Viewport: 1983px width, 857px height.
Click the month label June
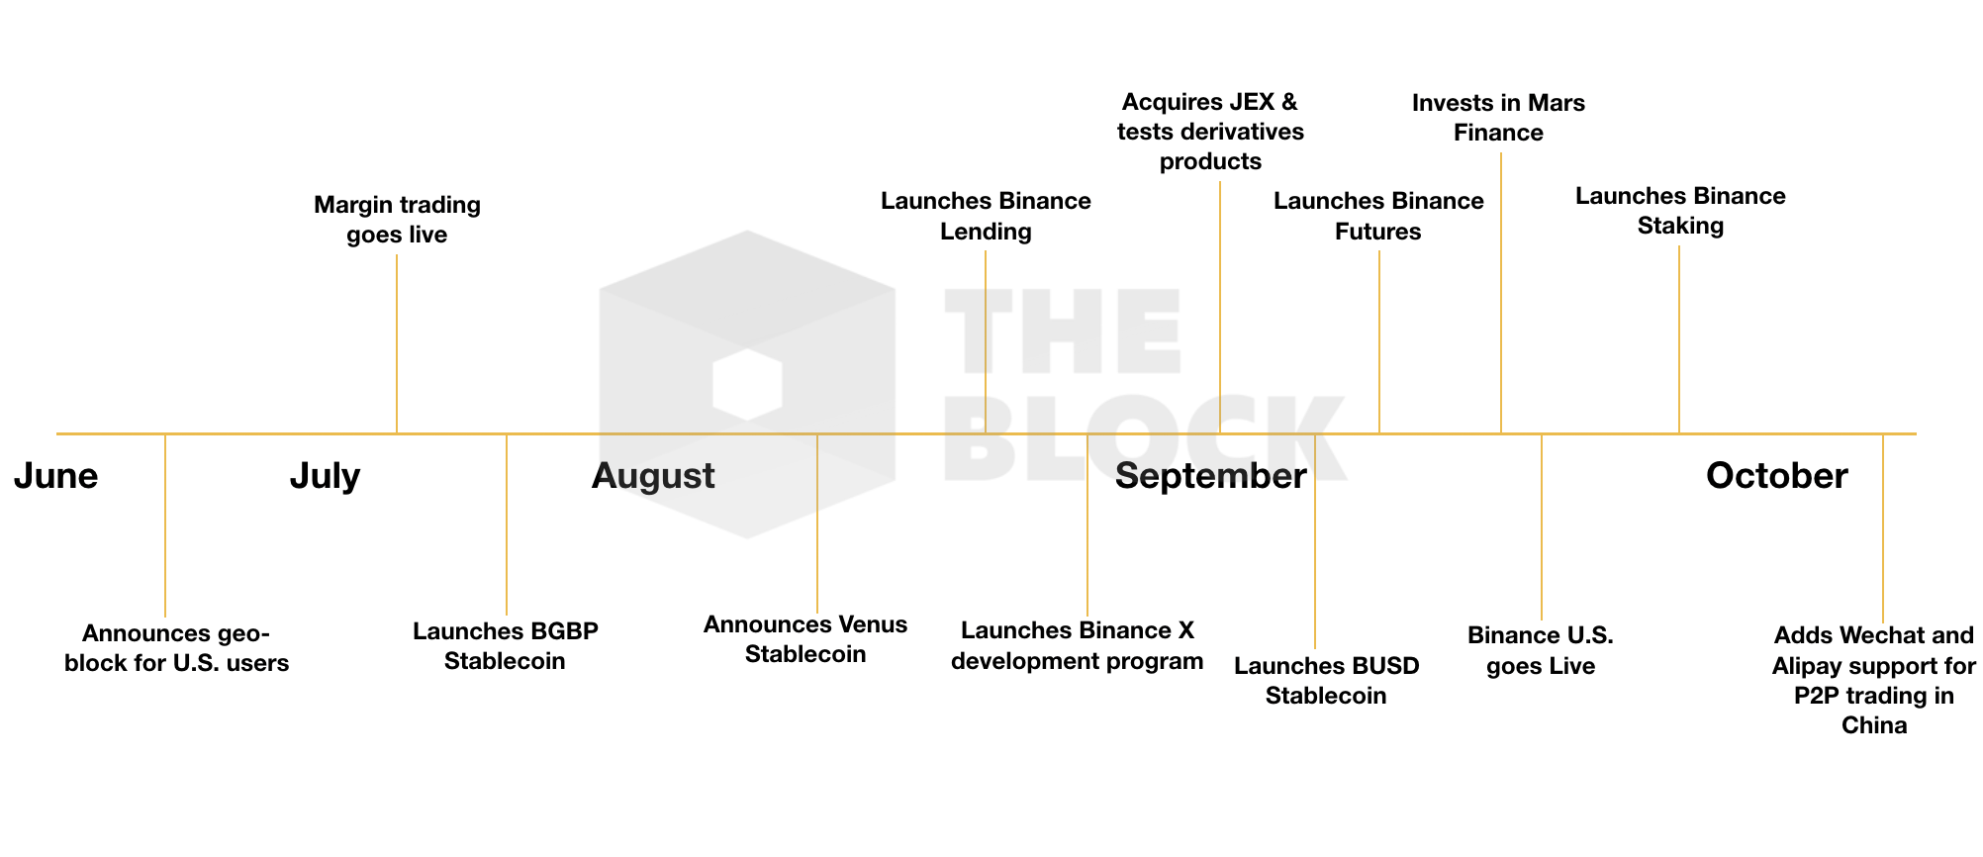click(55, 477)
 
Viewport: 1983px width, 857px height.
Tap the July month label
click(325, 477)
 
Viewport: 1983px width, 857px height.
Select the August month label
click(653, 477)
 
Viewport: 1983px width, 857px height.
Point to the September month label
click(1210, 477)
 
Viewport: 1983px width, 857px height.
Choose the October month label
click(1776, 476)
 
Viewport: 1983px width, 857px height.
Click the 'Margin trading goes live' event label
click(397, 220)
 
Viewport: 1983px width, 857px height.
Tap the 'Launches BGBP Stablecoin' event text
click(505, 646)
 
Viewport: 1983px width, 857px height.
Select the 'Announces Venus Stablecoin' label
click(805, 639)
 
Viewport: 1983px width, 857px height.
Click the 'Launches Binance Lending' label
click(986, 216)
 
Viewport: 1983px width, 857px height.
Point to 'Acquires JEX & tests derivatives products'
click(1210, 132)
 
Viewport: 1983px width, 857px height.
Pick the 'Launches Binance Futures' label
click(1378, 216)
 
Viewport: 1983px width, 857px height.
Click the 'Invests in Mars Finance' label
click(1498, 118)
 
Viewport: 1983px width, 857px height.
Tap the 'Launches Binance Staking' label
click(1680, 211)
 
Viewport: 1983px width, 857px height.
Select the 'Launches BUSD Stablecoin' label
click(1326, 681)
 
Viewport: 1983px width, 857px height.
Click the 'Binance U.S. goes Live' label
click(1541, 650)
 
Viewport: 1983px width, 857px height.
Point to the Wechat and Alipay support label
click(1874, 680)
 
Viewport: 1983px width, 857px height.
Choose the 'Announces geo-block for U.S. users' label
click(176, 648)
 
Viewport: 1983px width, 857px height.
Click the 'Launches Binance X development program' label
click(1078, 645)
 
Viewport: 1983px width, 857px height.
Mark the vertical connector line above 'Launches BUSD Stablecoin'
click(1315, 541)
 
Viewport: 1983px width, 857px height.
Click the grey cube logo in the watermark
click(747, 384)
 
